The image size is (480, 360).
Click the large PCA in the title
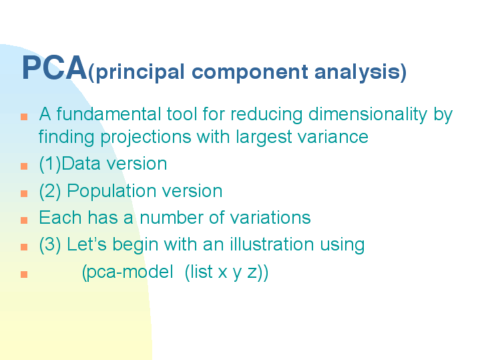coord(55,67)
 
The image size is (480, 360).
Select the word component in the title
coord(250,73)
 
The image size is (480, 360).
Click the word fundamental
coord(109,114)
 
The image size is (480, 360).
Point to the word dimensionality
coord(368,115)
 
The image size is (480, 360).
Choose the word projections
coord(146,137)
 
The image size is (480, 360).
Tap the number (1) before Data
coord(50,164)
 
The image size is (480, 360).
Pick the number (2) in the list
coord(50,191)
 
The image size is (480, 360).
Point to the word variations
coord(270,218)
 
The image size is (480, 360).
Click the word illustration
coord(272,244)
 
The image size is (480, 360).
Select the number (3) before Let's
coord(50,245)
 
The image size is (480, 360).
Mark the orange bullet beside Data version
coord(24,166)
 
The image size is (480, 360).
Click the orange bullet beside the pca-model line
coord(24,275)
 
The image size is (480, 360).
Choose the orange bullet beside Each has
coord(24,220)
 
